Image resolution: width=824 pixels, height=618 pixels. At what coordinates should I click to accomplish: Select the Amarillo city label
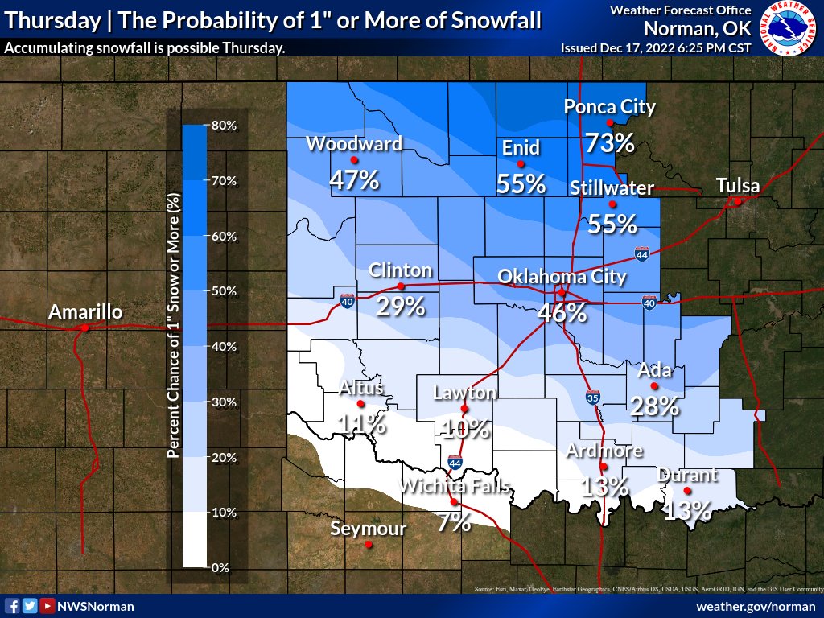pos(84,311)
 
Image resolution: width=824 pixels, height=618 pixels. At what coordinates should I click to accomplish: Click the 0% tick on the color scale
pos(220,567)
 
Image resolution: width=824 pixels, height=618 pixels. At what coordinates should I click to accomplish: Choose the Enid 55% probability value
pos(521,184)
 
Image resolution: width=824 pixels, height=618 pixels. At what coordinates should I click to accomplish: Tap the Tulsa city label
pos(738,187)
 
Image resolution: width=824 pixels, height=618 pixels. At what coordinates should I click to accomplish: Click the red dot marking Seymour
pos(369,544)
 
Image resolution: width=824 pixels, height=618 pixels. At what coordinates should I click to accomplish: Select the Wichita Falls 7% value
pos(454,522)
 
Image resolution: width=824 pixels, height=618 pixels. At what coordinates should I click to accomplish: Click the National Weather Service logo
pos(787,29)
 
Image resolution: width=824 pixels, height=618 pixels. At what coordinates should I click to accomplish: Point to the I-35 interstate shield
pos(592,397)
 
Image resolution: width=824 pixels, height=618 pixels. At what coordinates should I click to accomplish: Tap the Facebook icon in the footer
pos(12,606)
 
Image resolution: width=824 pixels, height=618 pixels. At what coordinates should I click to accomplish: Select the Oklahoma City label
pos(562,277)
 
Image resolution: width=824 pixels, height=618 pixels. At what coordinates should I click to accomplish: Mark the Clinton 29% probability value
pos(401,306)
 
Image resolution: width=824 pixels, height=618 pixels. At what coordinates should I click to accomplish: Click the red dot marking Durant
pos(687,491)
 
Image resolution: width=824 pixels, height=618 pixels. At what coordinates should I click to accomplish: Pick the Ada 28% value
pos(654,406)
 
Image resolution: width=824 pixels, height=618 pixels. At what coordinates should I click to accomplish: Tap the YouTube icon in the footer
pos(47,606)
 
